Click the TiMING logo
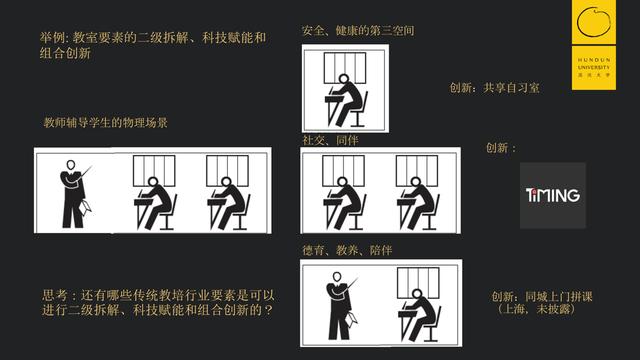[x=553, y=195]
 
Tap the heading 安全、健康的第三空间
[x=357, y=31]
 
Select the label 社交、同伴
[x=330, y=140]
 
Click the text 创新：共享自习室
[x=495, y=88]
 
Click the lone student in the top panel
[x=346, y=100]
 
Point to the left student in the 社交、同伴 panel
[x=344, y=204]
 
